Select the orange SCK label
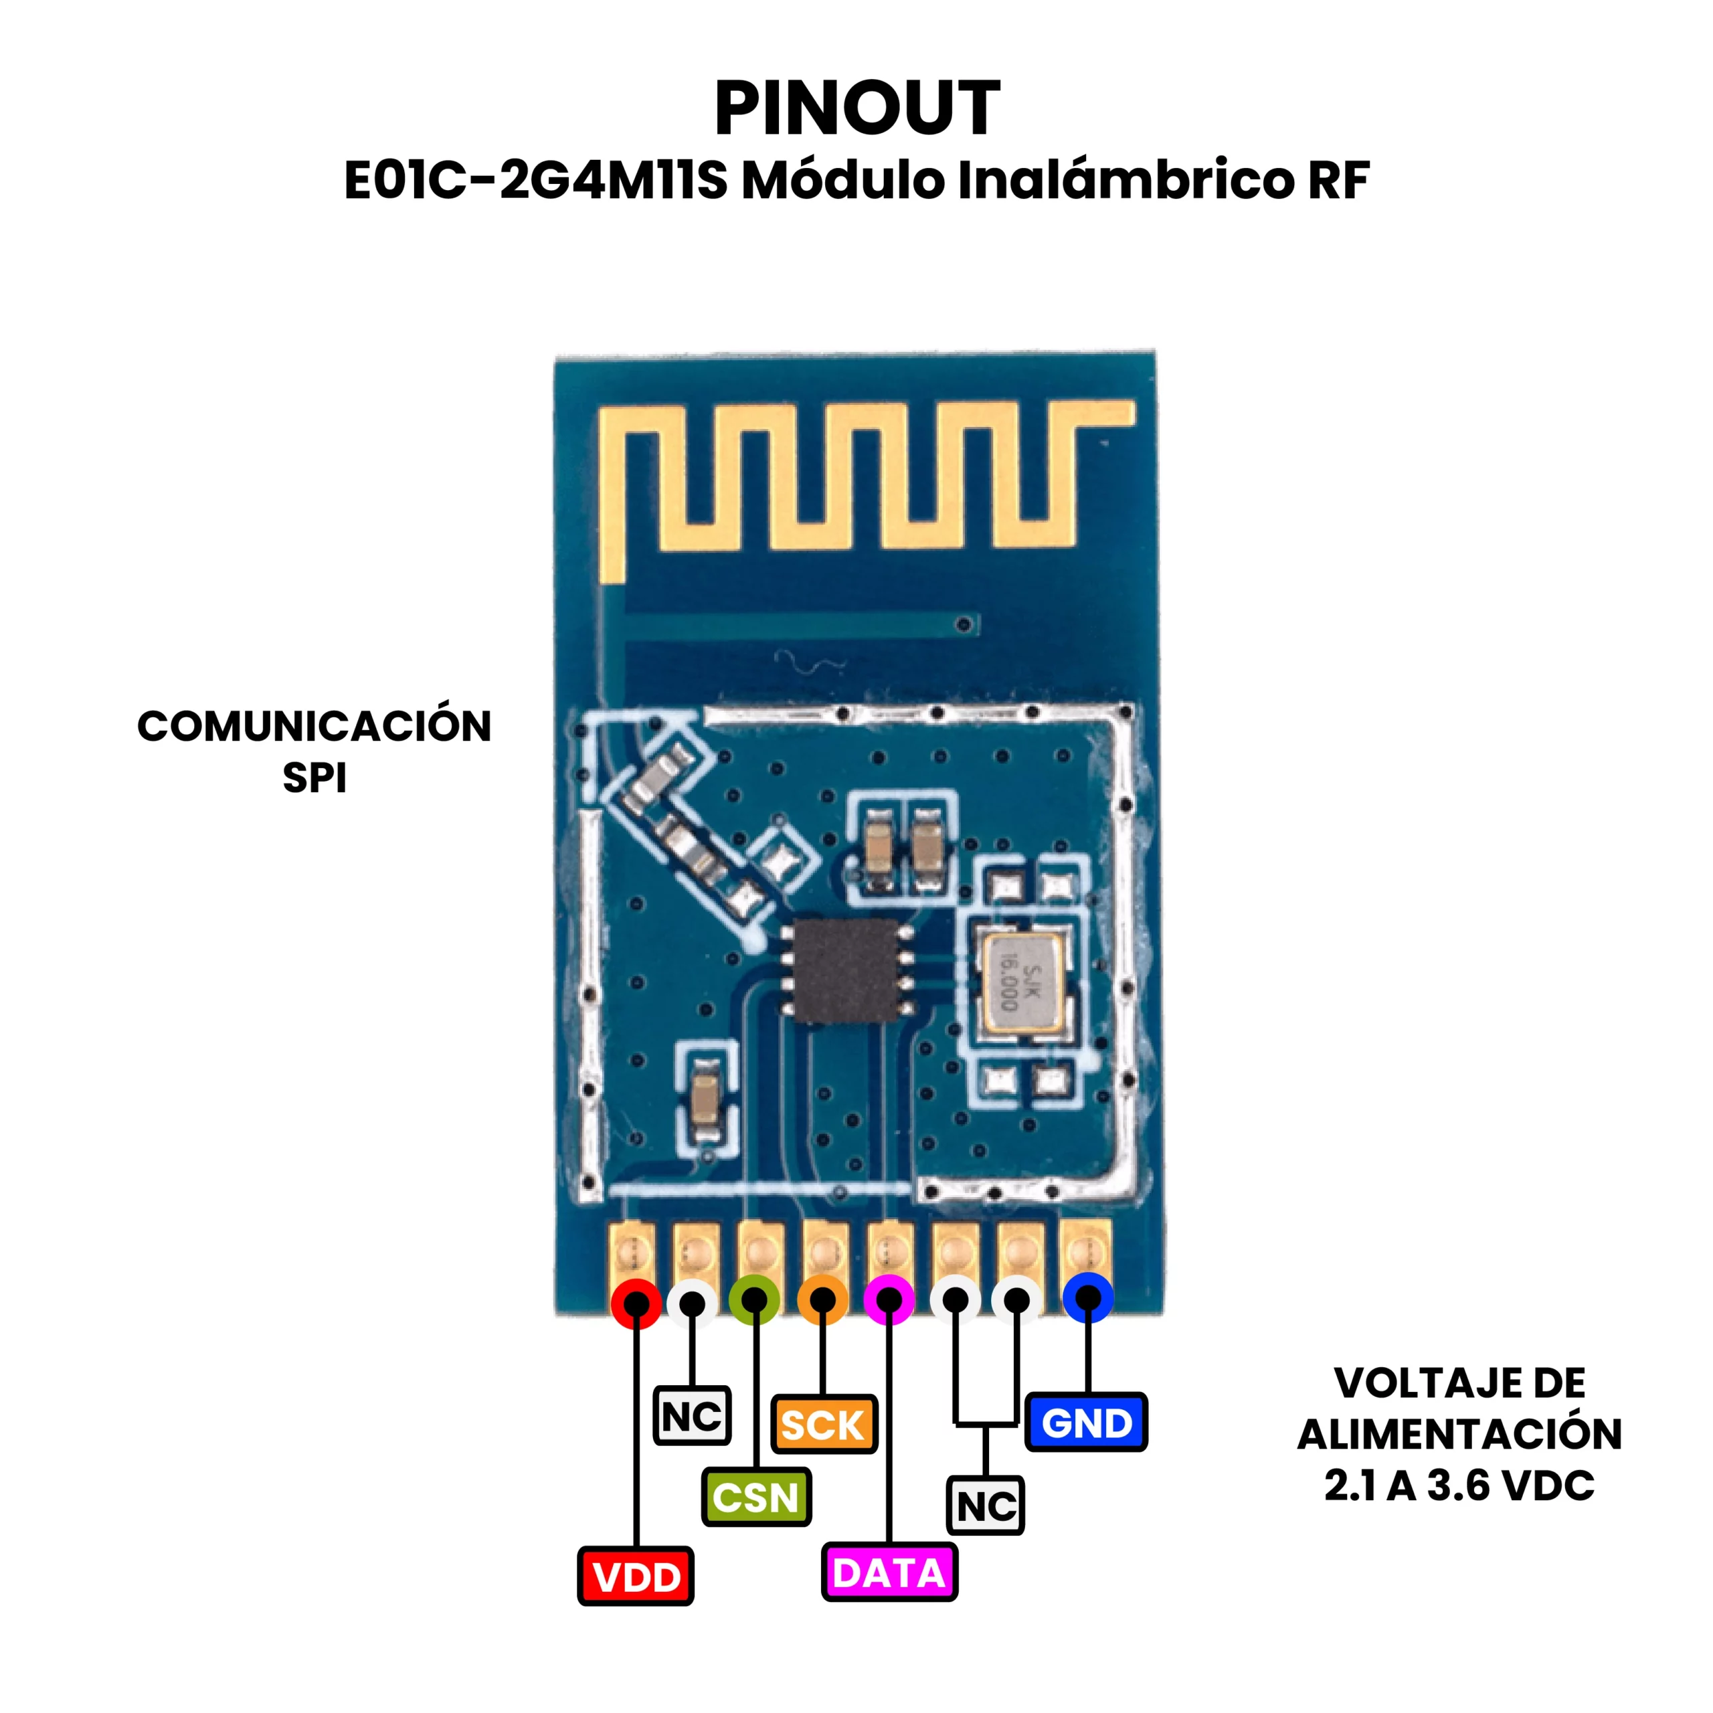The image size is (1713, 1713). coord(824,1425)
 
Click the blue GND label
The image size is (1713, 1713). coord(1086,1423)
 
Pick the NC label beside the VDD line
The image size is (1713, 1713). coord(692,1416)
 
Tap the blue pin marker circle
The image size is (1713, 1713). coord(1088,1298)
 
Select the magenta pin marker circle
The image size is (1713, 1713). coord(889,1301)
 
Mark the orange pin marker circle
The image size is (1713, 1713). coord(823,1301)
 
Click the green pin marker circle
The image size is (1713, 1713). coord(755,1301)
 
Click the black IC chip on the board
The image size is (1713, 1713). coord(846,970)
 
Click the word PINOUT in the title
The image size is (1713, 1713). coord(857,108)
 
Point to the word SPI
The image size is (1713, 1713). coord(314,778)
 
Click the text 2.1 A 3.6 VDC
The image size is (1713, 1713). coord(1459,1486)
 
